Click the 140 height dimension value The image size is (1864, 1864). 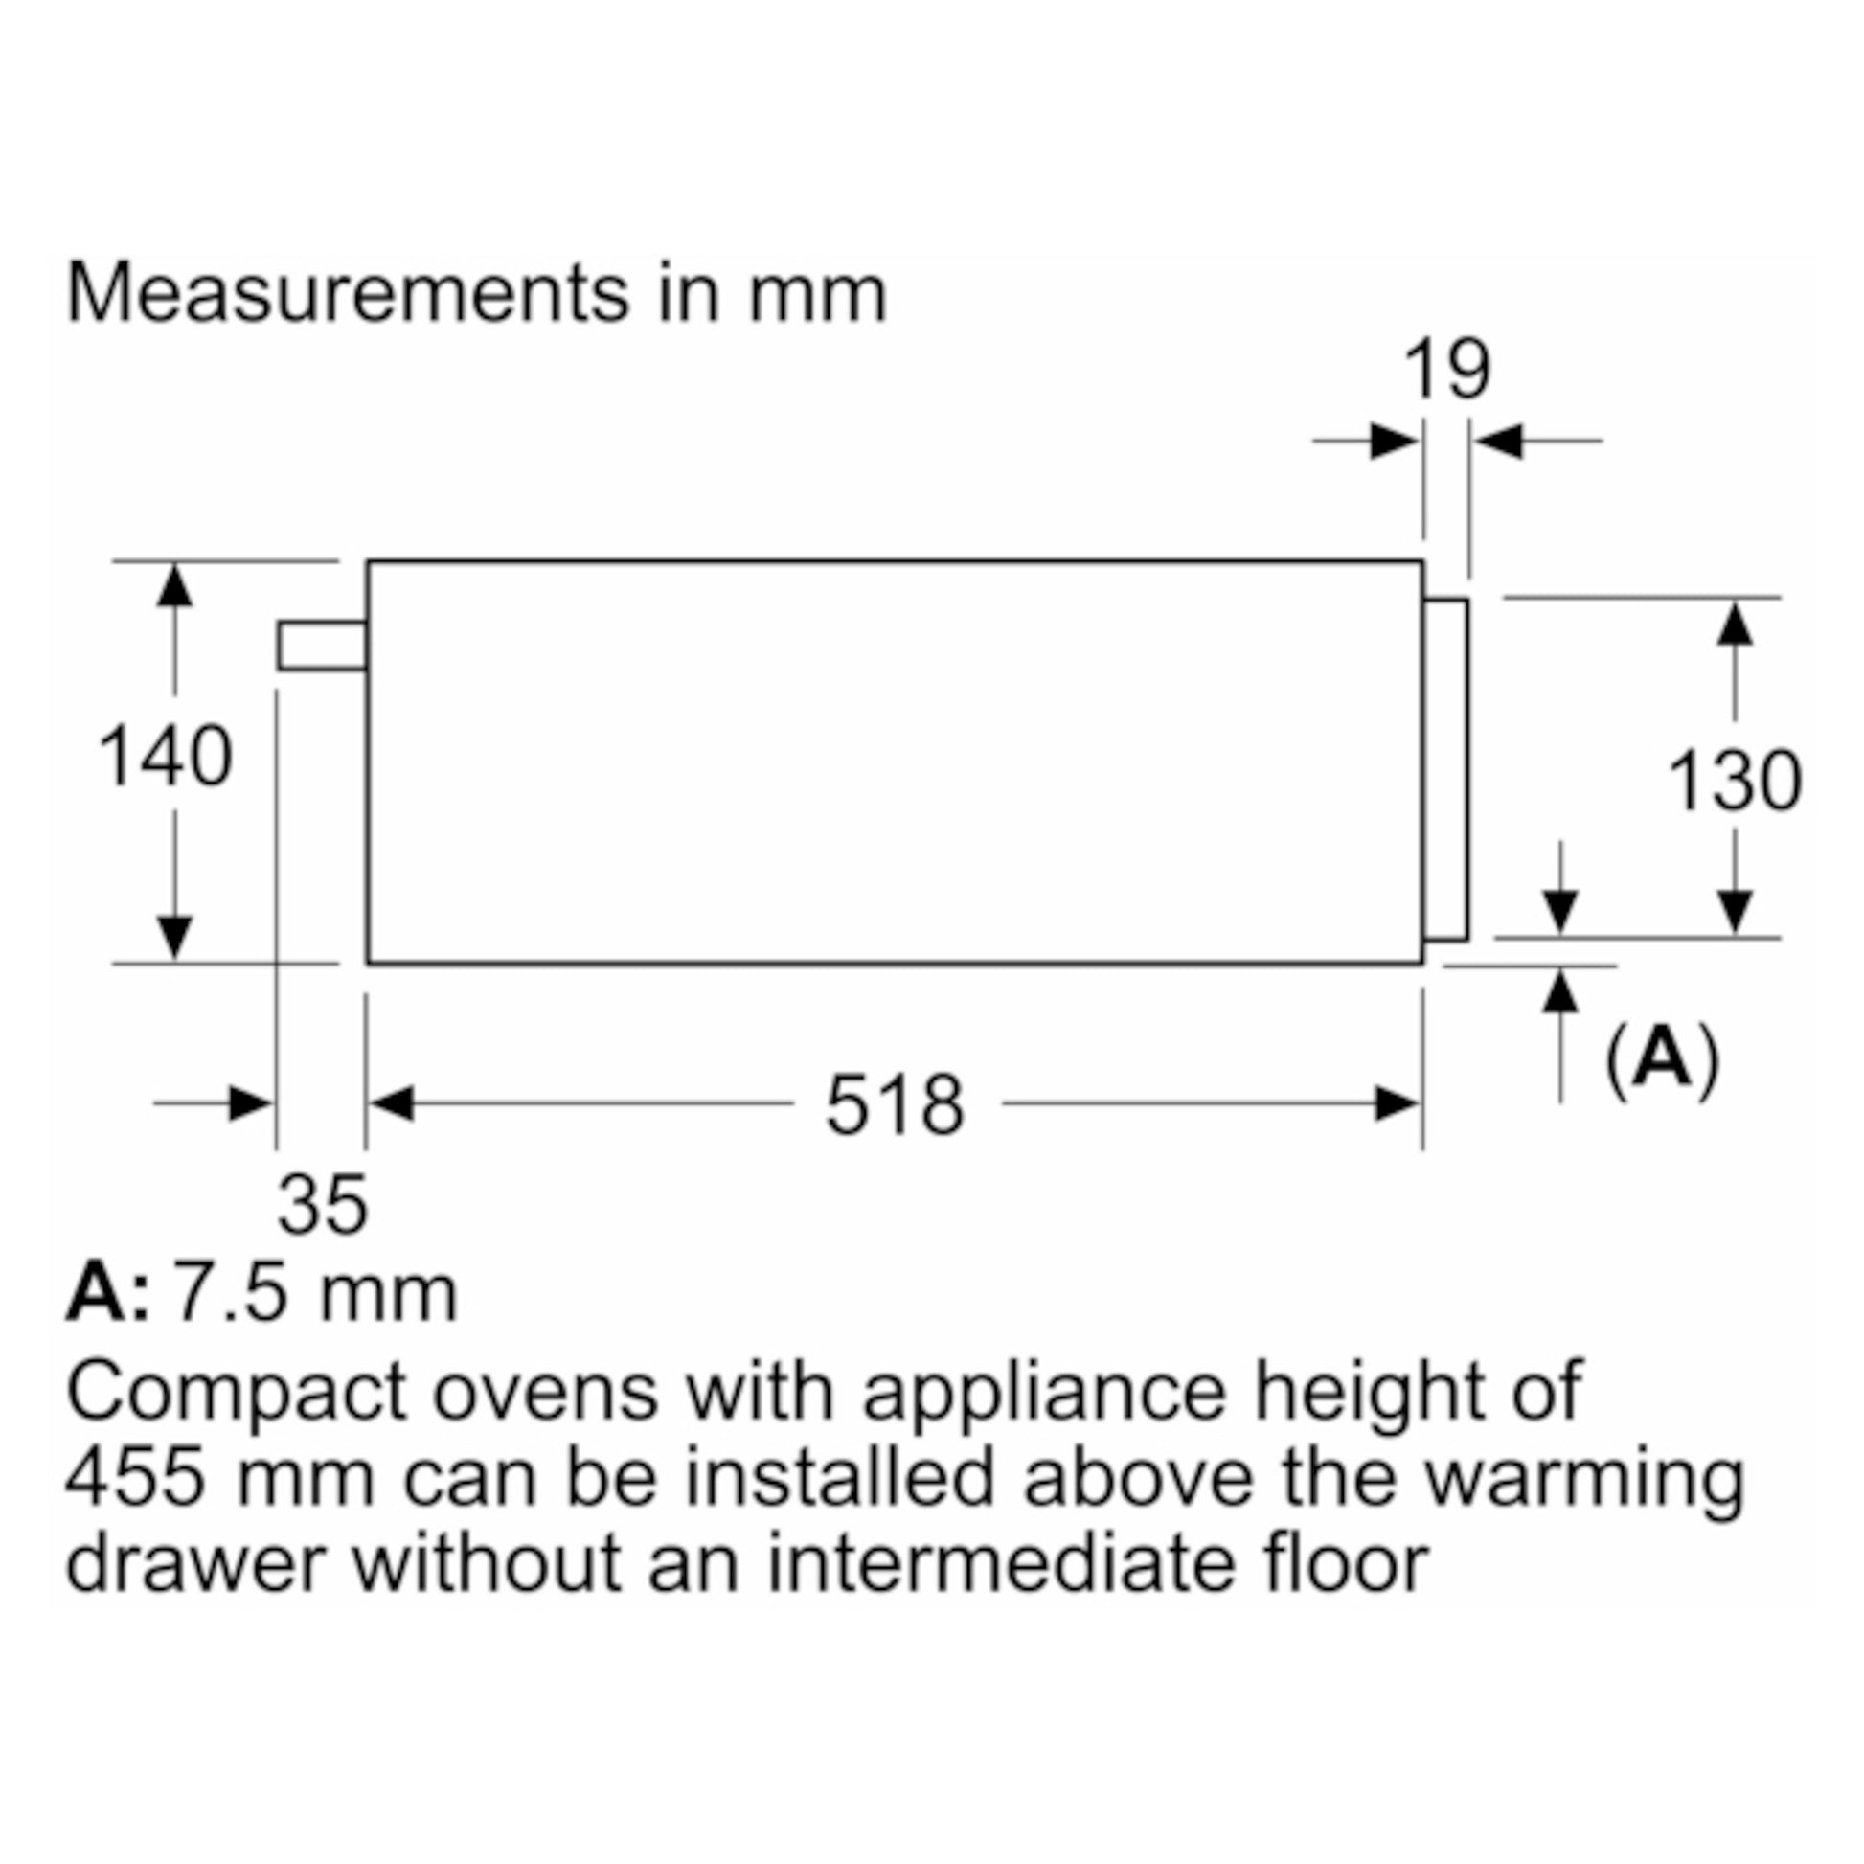click(166, 758)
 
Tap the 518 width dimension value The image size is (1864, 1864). click(895, 1105)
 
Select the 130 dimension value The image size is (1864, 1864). click(1734, 782)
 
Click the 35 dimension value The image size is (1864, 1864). click(322, 1204)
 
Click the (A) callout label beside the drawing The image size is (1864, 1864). click(1662, 1059)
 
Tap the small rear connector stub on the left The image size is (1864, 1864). click(322, 646)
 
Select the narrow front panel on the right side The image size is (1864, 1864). click(1445, 769)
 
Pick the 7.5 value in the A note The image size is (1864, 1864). click(230, 1293)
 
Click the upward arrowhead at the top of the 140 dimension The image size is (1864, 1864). click(173, 585)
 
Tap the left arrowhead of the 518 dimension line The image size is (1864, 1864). click(392, 1103)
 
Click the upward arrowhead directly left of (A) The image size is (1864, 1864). click(1560, 990)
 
